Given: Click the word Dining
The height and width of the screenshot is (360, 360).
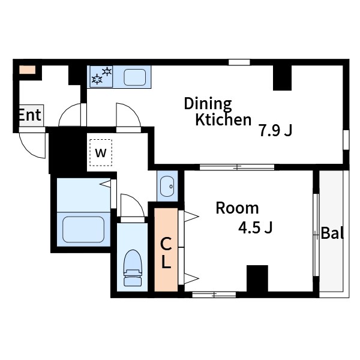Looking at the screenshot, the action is click(208, 104).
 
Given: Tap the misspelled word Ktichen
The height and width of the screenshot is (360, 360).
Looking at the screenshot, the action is click(223, 119).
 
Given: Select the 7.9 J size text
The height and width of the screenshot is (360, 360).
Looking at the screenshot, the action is click(275, 130).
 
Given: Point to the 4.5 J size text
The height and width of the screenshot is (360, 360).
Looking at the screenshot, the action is click(256, 228).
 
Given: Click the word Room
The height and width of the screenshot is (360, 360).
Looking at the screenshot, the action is click(237, 208).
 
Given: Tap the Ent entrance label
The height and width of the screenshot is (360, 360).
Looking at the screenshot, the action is click(30, 115).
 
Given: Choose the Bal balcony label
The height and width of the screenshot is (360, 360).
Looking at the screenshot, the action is click(332, 233).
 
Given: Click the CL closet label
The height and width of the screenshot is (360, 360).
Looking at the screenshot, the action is click(166, 253).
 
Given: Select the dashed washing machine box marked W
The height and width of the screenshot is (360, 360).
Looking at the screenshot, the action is click(101, 152).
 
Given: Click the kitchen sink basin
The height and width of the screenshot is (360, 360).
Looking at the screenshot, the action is click(135, 77).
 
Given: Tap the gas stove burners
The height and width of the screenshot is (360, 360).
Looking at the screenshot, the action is click(101, 76).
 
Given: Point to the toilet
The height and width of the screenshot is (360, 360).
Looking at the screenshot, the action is click(133, 268).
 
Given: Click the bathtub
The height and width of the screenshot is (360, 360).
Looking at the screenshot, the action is click(83, 229).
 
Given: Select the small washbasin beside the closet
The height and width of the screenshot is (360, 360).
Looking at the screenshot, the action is click(167, 187).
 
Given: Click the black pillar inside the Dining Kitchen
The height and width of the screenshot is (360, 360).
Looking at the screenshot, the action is click(282, 77).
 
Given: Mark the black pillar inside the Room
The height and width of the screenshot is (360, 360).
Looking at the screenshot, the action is click(257, 278).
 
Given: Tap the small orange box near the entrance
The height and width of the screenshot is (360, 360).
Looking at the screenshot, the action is click(28, 70).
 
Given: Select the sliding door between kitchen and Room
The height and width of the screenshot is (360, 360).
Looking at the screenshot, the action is click(237, 167).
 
